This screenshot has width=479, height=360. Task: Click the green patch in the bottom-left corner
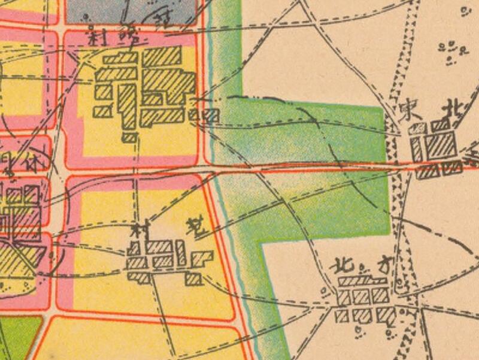click(18, 338)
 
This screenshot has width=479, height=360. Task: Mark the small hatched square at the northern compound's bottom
click(129, 138)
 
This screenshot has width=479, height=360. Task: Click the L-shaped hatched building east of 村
click(202, 259)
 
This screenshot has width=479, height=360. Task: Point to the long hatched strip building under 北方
click(362, 281)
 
